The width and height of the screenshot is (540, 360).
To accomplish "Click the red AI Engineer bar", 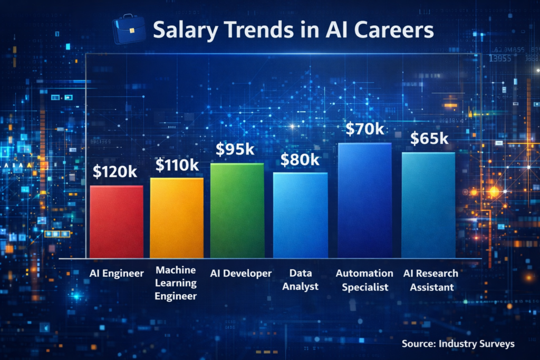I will point(117,221).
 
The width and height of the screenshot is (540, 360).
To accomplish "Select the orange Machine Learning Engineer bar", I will point(177,217).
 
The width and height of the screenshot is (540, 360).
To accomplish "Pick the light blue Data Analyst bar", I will point(300,215).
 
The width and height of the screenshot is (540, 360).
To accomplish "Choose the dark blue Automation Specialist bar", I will point(365,200).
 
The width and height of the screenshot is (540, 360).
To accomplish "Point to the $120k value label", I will point(115,172).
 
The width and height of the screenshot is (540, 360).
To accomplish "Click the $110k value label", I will point(177,165).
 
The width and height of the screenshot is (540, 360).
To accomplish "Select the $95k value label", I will point(235,149).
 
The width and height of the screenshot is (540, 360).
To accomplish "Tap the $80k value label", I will point(300,160).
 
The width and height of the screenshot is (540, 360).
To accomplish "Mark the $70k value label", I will point(365,130).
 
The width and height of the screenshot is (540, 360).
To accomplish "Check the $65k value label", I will point(429,139).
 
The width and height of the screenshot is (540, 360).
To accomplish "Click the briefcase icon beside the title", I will point(129,31).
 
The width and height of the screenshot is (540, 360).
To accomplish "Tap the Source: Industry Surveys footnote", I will point(457,344).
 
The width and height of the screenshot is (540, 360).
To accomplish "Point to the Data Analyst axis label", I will point(304,280).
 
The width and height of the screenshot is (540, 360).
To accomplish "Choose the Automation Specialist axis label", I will point(364,280).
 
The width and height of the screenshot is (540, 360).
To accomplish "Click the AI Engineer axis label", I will point(117,274).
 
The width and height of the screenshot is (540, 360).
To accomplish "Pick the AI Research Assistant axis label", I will point(430,280).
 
